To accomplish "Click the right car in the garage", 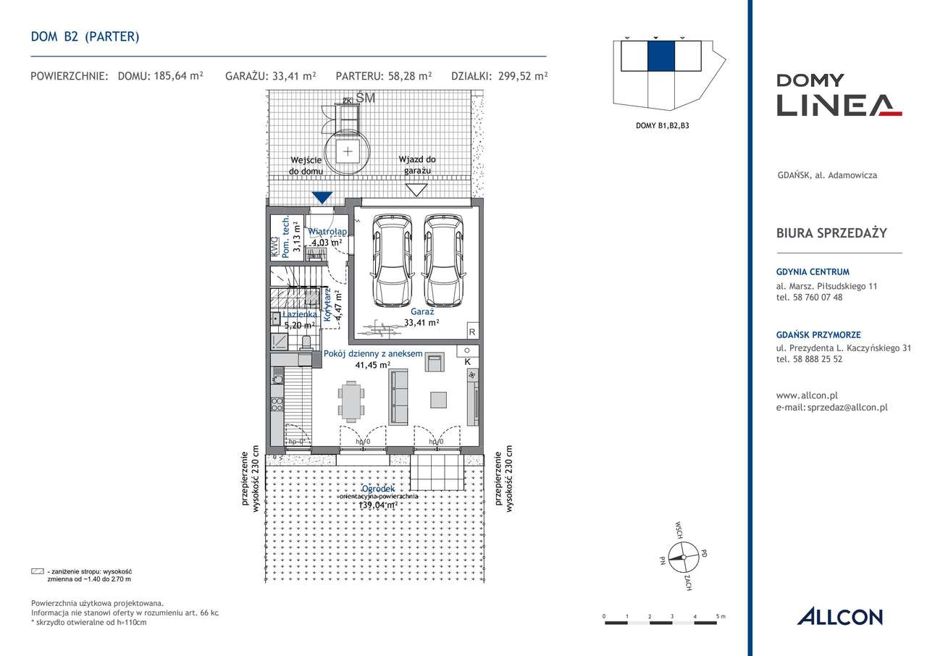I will pyautogui.click(x=443, y=261).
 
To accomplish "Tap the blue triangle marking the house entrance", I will pyautogui.click(x=322, y=197).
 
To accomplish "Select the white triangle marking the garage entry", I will pyautogui.click(x=416, y=190).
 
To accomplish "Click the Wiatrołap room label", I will pyautogui.click(x=327, y=232).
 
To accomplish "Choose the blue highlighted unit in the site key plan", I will pyautogui.click(x=660, y=56).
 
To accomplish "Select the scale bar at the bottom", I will pyautogui.click(x=662, y=621).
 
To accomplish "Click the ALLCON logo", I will pyautogui.click(x=839, y=617).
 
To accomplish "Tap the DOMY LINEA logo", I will pyautogui.click(x=839, y=95).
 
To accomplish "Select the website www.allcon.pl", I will pyautogui.click(x=806, y=395).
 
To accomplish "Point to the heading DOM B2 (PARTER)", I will pyautogui.click(x=85, y=36).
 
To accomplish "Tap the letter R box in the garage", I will pyautogui.click(x=471, y=332).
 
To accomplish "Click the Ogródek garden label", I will pyautogui.click(x=378, y=489).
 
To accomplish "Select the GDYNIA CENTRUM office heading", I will pyautogui.click(x=812, y=272).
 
